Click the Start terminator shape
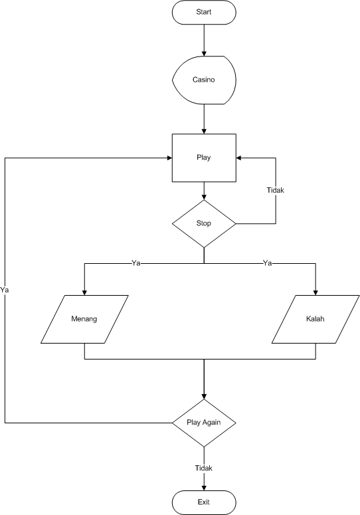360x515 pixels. (x=204, y=13)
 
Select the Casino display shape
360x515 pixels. (x=204, y=80)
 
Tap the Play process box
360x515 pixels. (x=204, y=157)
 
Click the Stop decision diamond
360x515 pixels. (x=204, y=223)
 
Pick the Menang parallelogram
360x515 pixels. (x=84, y=319)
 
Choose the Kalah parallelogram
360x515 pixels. (x=315, y=319)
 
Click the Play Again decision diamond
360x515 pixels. (x=204, y=423)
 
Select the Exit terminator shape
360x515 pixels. (x=204, y=502)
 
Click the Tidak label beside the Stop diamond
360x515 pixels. (x=275, y=189)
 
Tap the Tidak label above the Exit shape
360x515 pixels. (x=204, y=468)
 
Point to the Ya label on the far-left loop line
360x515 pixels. (x=5, y=290)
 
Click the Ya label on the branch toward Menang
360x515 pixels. (x=135, y=263)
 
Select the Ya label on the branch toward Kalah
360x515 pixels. (x=268, y=263)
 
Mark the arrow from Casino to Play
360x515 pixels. (x=204, y=119)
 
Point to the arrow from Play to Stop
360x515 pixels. (x=204, y=190)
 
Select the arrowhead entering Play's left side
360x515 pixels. (x=169, y=157)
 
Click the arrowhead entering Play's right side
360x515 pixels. (x=240, y=157)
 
